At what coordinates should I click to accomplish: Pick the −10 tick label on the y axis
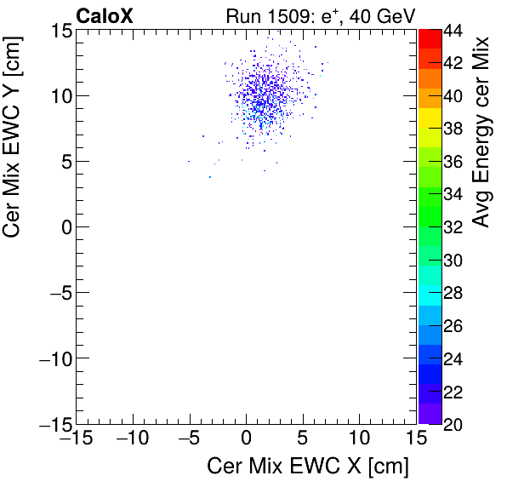point(54,358)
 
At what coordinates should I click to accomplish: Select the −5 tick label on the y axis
point(58,293)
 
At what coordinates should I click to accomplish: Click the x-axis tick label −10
point(132,439)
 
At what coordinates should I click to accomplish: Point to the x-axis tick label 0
point(246,439)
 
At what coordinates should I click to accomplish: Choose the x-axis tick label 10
point(359,439)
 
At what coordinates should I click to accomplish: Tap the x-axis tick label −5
point(189,439)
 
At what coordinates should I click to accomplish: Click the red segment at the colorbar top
point(428,37)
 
